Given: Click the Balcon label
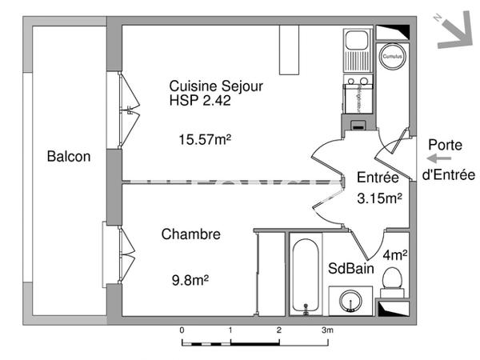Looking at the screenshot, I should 68,157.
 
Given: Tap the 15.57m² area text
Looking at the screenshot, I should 204,139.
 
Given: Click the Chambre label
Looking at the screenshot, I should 191,234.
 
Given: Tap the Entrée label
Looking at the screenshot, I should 378,178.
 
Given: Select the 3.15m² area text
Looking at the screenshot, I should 378,197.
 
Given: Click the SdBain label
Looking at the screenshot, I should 350,270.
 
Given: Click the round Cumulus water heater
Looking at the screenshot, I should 391,58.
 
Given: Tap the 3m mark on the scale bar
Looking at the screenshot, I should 327,330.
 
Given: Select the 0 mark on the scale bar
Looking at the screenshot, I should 182,330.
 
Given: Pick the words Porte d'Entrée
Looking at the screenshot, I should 449,160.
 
